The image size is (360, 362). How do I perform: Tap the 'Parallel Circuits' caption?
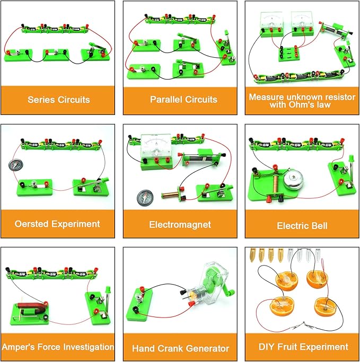[x=180, y=100]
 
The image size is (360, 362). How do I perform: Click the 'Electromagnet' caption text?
[x=180, y=225]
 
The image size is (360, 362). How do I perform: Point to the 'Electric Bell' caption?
[x=302, y=226]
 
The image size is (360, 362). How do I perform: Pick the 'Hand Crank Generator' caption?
[x=180, y=348]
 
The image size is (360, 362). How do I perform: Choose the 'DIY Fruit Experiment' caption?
[x=302, y=347]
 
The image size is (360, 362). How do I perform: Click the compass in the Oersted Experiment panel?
[x=14, y=164]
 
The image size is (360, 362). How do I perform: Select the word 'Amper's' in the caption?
[x=21, y=347]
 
